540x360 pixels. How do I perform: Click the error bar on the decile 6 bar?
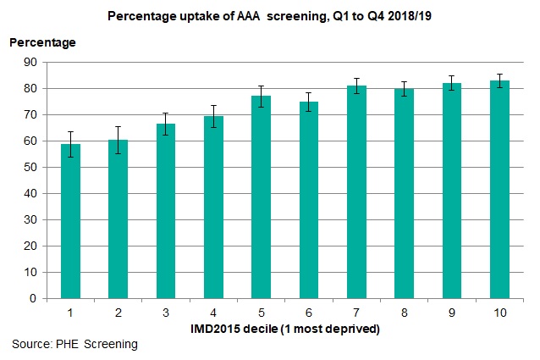coord(309,102)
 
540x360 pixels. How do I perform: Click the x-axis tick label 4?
coord(213,313)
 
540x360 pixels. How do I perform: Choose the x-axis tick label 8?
coord(404,313)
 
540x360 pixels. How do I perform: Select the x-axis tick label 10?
coord(499,313)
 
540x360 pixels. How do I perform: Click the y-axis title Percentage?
coord(42,42)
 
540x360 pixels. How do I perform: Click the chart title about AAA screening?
coord(272,15)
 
